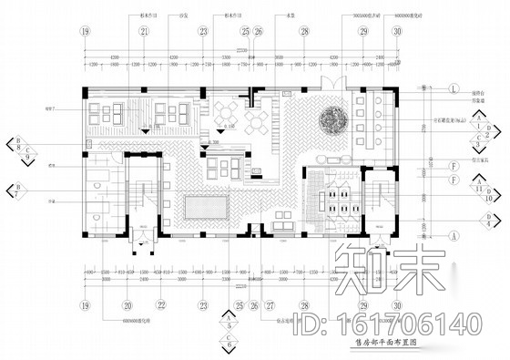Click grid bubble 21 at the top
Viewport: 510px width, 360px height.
pos(144,31)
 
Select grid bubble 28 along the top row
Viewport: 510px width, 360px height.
pos(305,31)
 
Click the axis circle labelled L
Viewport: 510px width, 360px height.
pos(452,87)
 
